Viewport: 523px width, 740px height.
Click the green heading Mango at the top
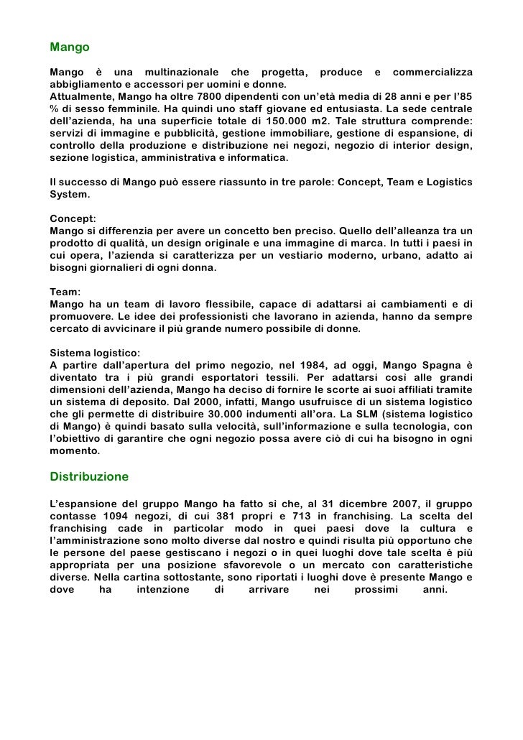click(70, 47)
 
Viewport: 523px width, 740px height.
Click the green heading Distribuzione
click(89, 476)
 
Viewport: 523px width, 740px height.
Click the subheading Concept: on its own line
click(73, 218)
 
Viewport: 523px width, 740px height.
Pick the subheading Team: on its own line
click(66, 292)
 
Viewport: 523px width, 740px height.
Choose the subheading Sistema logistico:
click(96, 353)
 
